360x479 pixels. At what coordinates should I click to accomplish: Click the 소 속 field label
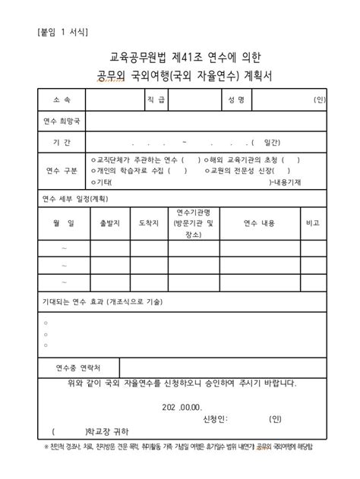click(x=62, y=99)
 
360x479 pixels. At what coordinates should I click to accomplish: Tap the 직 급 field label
click(x=156, y=99)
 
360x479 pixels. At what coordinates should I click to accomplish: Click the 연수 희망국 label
click(x=62, y=121)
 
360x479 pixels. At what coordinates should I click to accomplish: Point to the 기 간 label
click(x=62, y=142)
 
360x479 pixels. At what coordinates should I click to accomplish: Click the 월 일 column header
click(x=63, y=223)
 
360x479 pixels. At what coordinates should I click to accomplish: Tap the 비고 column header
click(x=311, y=223)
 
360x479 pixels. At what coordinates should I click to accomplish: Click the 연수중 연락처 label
click(x=77, y=367)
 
